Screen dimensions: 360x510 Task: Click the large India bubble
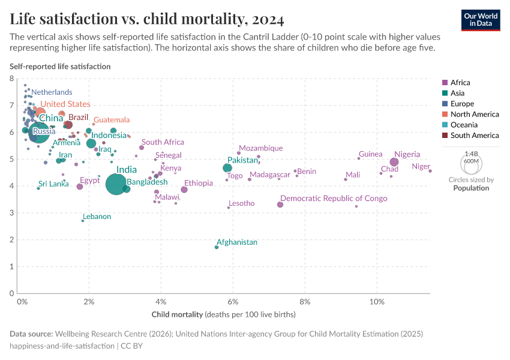coord(116,184)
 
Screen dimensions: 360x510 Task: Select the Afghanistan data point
coord(217,247)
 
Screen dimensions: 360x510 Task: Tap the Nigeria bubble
coord(394,162)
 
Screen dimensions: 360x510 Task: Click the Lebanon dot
coord(83,221)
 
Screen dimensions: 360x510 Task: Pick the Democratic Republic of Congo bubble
coord(280,205)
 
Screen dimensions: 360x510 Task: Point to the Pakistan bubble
coord(227,168)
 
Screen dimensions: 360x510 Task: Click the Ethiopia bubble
coord(184,190)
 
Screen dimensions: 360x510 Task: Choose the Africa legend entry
coord(460,83)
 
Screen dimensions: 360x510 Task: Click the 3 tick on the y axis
coord(12,213)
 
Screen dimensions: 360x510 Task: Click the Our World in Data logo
coord(481,19)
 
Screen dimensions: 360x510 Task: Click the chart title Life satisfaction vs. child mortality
coord(147,20)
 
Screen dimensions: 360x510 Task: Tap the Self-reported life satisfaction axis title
coord(60,67)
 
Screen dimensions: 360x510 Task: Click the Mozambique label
coord(260,148)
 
